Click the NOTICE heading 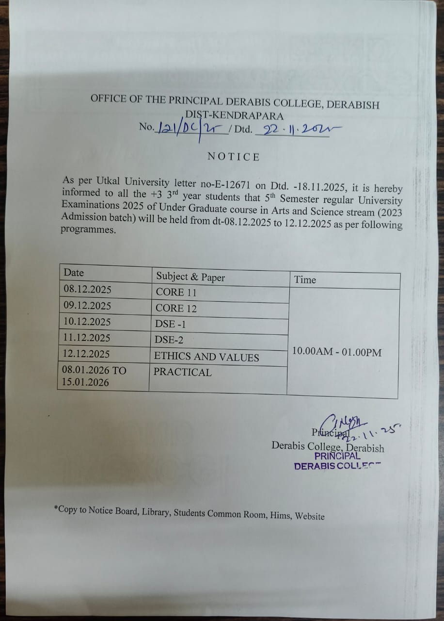(x=234, y=157)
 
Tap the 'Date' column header (x=74, y=273)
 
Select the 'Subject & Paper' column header (x=190, y=277)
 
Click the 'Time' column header (x=305, y=280)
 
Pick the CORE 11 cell (x=176, y=292)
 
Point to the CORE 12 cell (x=176, y=308)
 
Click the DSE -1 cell (x=172, y=324)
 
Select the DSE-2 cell (x=170, y=340)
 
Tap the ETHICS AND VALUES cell (x=206, y=357)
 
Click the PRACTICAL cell (x=183, y=372)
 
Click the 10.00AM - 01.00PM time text (x=337, y=352)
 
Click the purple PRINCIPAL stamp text (x=337, y=456)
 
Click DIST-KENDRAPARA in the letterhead (x=235, y=116)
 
